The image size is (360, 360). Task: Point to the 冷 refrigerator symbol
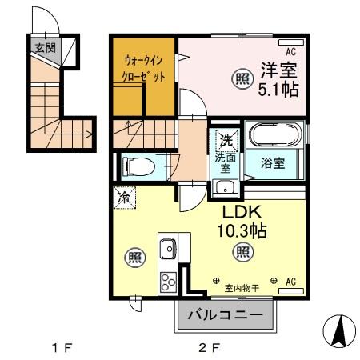[125, 197]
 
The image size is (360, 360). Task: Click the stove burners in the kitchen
[168, 282]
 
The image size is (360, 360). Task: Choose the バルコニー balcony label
[225, 315]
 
